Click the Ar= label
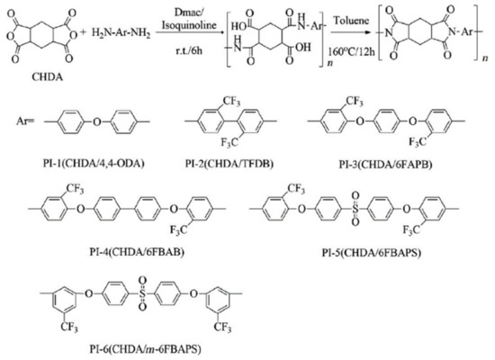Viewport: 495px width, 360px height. pyautogui.click(x=28, y=118)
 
